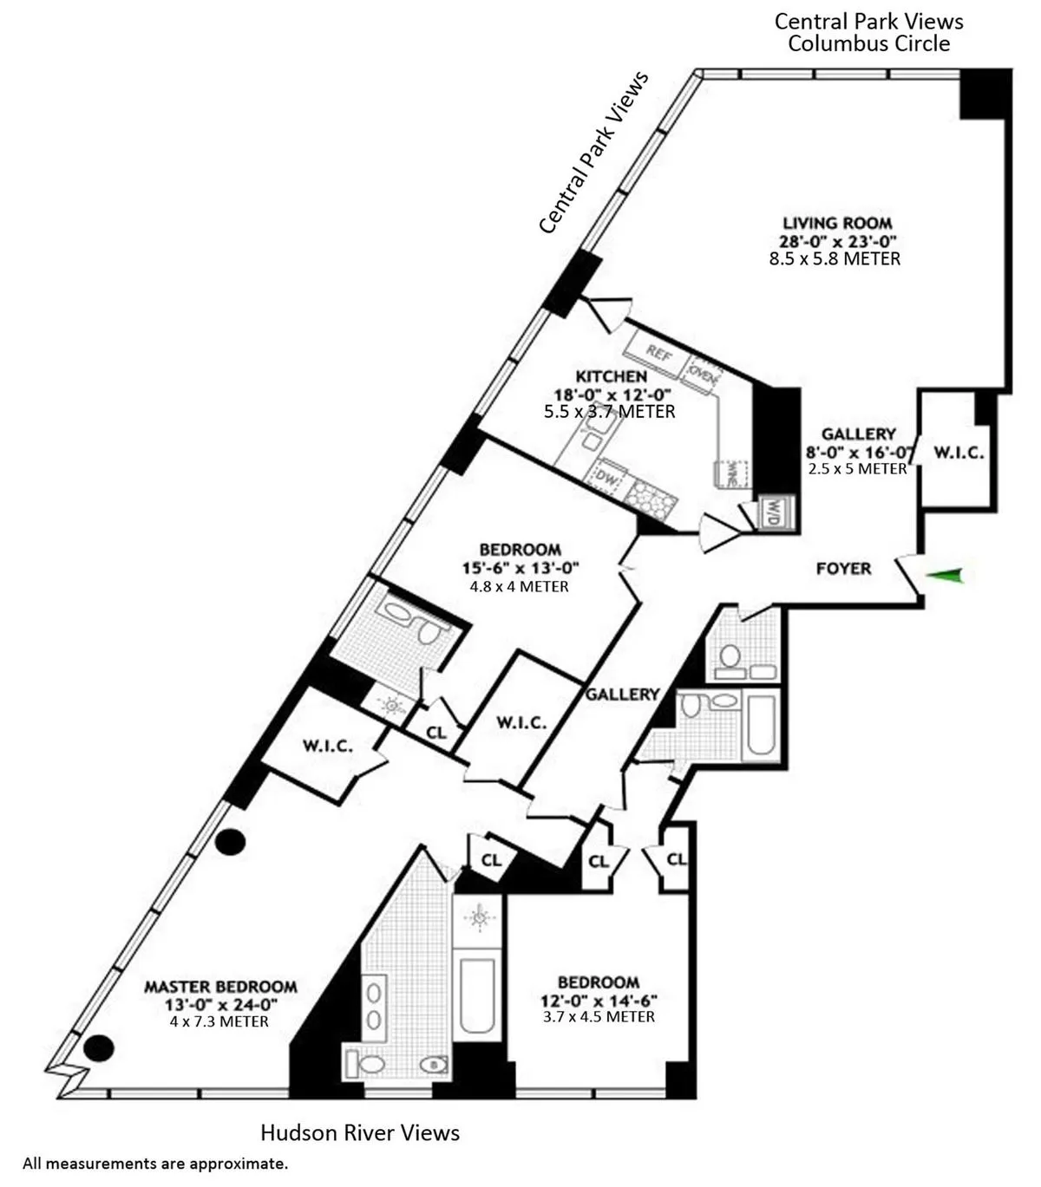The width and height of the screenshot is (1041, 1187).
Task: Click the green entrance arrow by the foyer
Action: coord(945,574)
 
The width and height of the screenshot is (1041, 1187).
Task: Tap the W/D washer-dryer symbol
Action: coord(769,513)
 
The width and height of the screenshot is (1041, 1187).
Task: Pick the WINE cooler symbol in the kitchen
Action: coord(731,473)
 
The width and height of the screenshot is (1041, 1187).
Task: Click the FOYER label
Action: coord(843,569)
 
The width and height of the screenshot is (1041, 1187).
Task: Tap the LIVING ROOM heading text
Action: coord(837,223)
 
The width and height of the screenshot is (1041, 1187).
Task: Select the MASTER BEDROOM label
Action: coord(220,987)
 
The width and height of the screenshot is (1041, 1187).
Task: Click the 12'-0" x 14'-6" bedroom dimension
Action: coord(599,999)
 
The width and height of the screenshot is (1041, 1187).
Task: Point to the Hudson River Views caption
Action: coord(360,1132)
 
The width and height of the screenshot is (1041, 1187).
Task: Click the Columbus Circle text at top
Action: coord(868,43)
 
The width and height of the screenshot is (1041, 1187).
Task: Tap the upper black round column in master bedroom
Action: coord(231,841)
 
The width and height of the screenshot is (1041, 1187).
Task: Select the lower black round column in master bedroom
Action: coord(99,1049)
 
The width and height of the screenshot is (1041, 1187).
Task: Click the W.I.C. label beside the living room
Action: coord(958,453)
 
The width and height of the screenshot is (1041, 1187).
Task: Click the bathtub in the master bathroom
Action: coord(476,988)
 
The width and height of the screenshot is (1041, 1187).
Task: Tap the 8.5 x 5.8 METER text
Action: coord(835,258)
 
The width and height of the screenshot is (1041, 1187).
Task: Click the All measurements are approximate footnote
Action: coord(155,1164)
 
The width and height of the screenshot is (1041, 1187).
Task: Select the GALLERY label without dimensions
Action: coord(622,695)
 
